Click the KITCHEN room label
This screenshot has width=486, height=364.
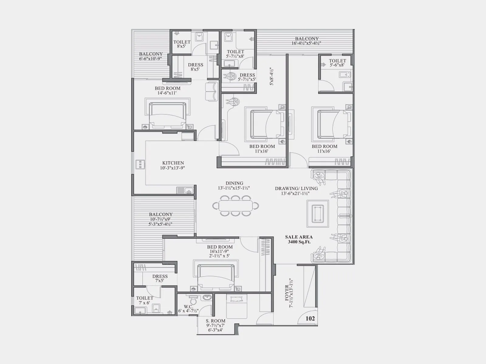tap(173, 165)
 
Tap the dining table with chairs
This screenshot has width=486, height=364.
tap(235, 206)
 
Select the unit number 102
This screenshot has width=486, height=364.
tap(310, 318)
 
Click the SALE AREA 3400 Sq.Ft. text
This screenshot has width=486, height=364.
tap(299, 239)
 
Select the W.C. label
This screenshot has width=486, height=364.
tap(188, 309)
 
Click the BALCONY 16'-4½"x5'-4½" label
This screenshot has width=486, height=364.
tap(307, 41)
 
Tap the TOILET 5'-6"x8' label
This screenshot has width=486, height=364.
tap(337, 63)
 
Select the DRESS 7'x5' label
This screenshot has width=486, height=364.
tap(160, 278)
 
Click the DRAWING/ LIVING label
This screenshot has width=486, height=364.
tap(296, 190)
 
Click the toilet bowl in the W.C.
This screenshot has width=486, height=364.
tap(193, 300)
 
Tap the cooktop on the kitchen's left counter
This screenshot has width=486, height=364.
tap(140, 164)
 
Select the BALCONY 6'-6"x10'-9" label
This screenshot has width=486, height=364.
tap(151, 56)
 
